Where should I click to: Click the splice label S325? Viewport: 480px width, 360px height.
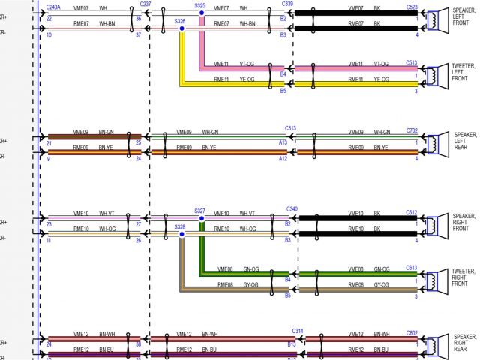[x=199, y=5]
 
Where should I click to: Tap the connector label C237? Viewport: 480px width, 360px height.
[x=145, y=5]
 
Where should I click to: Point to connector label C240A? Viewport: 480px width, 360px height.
[x=53, y=7]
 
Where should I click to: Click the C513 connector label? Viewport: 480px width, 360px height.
[x=412, y=63]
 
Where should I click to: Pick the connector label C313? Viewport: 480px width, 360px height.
[x=290, y=128]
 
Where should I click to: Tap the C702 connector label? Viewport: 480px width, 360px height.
[x=412, y=130]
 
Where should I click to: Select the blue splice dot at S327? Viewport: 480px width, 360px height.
[x=201, y=219]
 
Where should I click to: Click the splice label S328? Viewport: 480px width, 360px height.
[x=180, y=226]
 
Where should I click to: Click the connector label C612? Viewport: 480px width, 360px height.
[x=412, y=211]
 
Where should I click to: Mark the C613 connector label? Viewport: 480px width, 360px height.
[x=412, y=267]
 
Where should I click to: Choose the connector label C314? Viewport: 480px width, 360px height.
[x=298, y=330]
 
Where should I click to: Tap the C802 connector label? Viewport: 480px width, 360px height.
[x=412, y=331]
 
